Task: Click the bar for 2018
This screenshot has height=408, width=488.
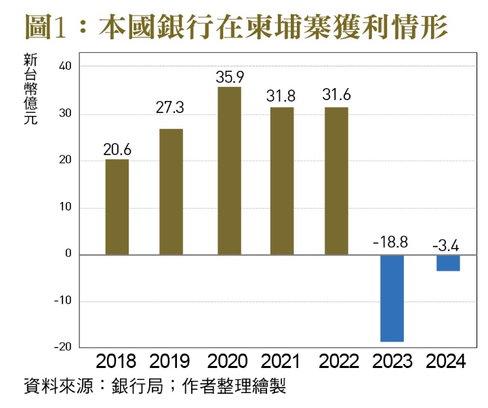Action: pos(117,207)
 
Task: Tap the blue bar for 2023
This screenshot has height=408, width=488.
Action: pos(392,298)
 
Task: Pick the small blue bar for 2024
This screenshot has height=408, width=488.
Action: pos(448,263)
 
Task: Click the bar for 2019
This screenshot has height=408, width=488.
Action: pos(171,192)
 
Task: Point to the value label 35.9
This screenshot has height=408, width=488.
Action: pos(228,77)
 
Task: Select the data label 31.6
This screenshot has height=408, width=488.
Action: pos(336,96)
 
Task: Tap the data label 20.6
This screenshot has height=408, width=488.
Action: pos(117,148)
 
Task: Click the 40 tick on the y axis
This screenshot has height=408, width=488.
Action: pos(65,66)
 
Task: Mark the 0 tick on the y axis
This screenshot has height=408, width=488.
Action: pos(68,254)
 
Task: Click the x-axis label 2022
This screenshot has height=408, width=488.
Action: pos(336,360)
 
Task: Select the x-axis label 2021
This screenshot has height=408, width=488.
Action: pos(281,360)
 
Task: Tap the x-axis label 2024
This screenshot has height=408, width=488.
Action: pos(447,360)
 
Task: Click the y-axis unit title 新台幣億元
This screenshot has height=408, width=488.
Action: pos(29,89)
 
